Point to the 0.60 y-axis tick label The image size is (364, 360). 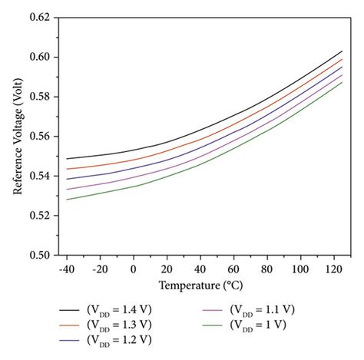39,57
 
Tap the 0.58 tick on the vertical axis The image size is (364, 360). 39,97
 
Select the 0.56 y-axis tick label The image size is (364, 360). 39,137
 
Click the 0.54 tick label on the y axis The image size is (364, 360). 39,176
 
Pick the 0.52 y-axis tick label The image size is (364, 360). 39,216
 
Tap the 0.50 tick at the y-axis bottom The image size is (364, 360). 39,256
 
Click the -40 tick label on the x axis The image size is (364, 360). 67,269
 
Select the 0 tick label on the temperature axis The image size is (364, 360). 134,269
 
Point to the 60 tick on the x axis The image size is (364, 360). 233,269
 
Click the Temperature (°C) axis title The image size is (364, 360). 200,286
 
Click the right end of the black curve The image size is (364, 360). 342,51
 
